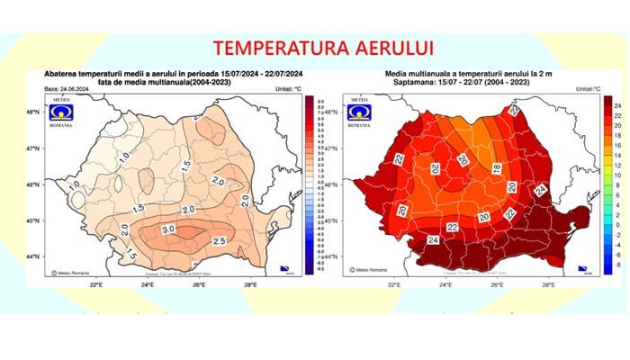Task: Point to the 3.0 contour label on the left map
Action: point(167,230)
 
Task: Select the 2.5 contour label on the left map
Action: point(218,242)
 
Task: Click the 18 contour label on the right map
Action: point(497,167)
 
